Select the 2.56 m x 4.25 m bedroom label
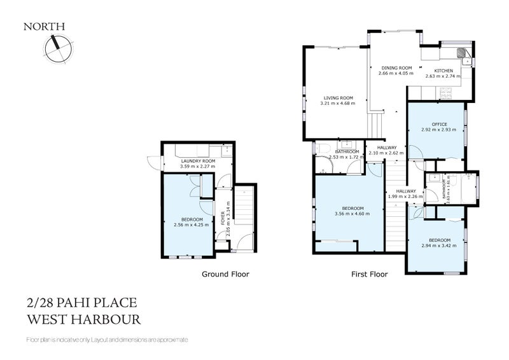click(188, 221)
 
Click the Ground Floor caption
click(225, 274)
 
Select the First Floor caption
click(370, 274)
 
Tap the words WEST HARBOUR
click(83, 319)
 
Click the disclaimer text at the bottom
click(107, 340)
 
